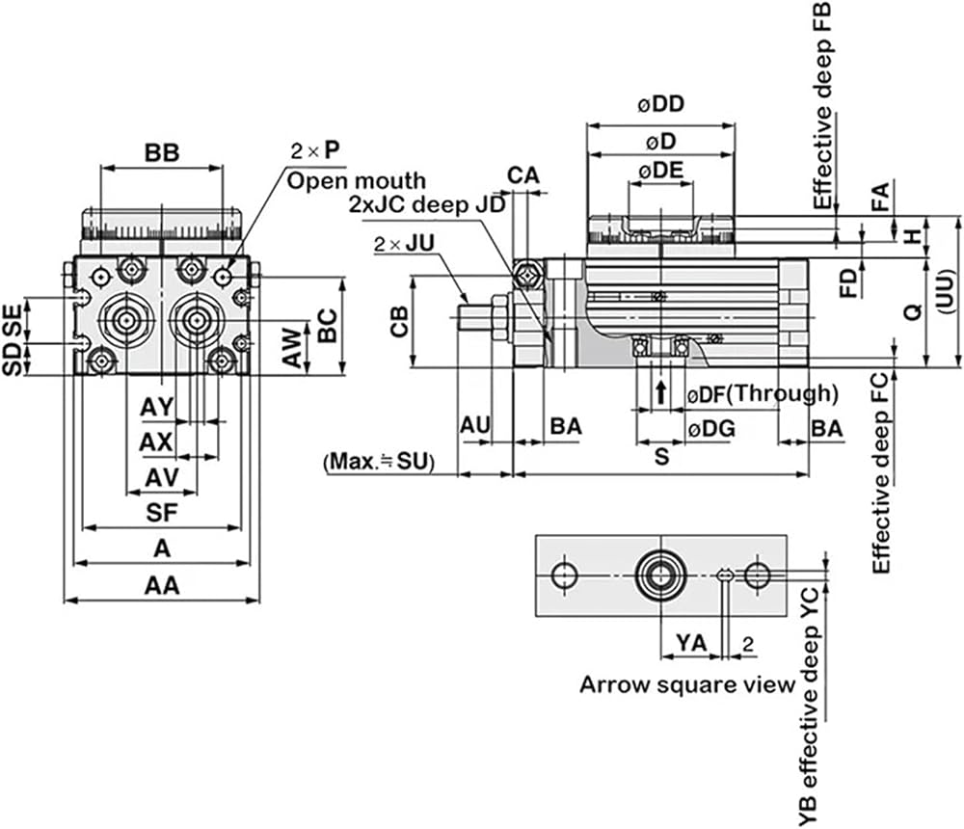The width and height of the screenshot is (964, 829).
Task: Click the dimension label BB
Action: [162, 152]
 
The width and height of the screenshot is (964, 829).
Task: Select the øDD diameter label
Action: [660, 104]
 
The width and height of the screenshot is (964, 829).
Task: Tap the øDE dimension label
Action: [661, 171]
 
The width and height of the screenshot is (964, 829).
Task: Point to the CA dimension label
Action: [523, 175]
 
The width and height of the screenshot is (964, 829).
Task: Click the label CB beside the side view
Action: [400, 321]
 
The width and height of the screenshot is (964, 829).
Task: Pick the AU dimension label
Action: [475, 425]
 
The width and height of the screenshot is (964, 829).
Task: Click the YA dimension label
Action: [691, 643]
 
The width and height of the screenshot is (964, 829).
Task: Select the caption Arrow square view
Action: [687, 684]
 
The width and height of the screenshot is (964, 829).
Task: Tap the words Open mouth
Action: [357, 181]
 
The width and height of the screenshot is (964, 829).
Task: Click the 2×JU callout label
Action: [404, 244]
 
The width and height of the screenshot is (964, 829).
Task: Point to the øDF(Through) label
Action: [763, 393]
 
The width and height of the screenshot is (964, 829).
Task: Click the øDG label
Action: [710, 429]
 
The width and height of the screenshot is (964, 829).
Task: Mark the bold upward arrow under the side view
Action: [661, 391]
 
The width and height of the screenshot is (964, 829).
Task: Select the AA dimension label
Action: [162, 585]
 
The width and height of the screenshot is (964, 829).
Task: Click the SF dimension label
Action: [162, 512]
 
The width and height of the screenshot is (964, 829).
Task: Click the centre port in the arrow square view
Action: [660, 575]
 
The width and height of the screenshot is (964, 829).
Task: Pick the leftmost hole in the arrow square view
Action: [564, 575]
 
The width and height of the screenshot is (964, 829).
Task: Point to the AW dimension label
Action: [294, 348]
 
